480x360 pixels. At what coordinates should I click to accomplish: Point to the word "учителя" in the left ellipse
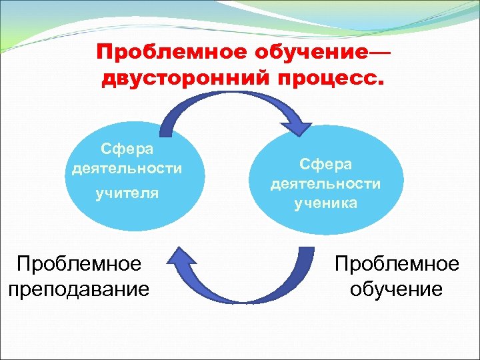127,193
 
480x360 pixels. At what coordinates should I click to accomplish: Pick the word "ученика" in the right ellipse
325,203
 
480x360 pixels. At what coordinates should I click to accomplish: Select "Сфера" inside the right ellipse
325,164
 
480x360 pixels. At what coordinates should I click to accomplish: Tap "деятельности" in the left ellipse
127,168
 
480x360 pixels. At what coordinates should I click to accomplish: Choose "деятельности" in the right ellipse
325,183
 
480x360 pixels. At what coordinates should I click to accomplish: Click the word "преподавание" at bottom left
79,289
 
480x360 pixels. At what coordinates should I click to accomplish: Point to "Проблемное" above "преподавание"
79,264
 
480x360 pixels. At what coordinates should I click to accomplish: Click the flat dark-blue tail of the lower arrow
306,252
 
